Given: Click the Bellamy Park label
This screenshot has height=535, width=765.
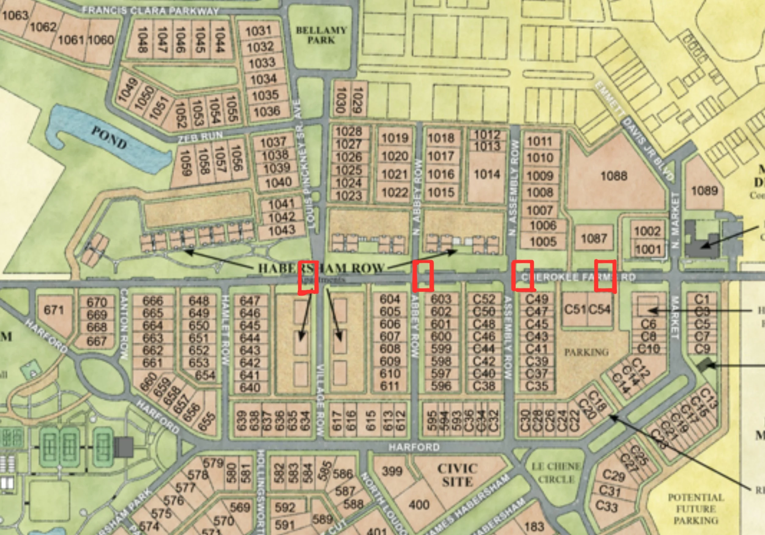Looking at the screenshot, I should coord(321,35).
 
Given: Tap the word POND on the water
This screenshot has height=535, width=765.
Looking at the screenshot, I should coord(109,138).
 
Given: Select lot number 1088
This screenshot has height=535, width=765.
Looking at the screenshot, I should coord(614,176).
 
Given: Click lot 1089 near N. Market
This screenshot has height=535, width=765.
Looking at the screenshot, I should coord(704,191).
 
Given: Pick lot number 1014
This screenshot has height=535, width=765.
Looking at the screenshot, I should coord(487,174).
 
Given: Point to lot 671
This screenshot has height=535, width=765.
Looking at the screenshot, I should coord(54,310).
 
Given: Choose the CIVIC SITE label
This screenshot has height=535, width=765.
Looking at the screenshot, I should coord(457,475).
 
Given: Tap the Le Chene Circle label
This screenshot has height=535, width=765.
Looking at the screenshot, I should coord(556,473).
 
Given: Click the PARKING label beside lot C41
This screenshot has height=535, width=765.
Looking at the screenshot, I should coord(586,352).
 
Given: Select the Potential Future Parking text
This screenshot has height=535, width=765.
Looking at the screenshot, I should coord(696,509).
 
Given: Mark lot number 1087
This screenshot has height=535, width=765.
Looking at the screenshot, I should coord(594,238).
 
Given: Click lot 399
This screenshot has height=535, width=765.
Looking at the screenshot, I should coord(392,471).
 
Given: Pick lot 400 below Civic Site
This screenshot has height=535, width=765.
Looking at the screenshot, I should coord(419,505).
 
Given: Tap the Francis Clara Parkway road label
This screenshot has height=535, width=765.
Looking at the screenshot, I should coord(150,11).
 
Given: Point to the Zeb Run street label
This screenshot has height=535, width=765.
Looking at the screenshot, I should coord(200,137).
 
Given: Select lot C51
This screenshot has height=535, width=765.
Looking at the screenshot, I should coord(575,310).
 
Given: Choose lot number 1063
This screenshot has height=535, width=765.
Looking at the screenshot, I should coord(15,15).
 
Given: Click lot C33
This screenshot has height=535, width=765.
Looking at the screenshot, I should coord(606,506).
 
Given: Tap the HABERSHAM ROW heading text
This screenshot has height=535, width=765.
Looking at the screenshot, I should coord(321,268).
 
